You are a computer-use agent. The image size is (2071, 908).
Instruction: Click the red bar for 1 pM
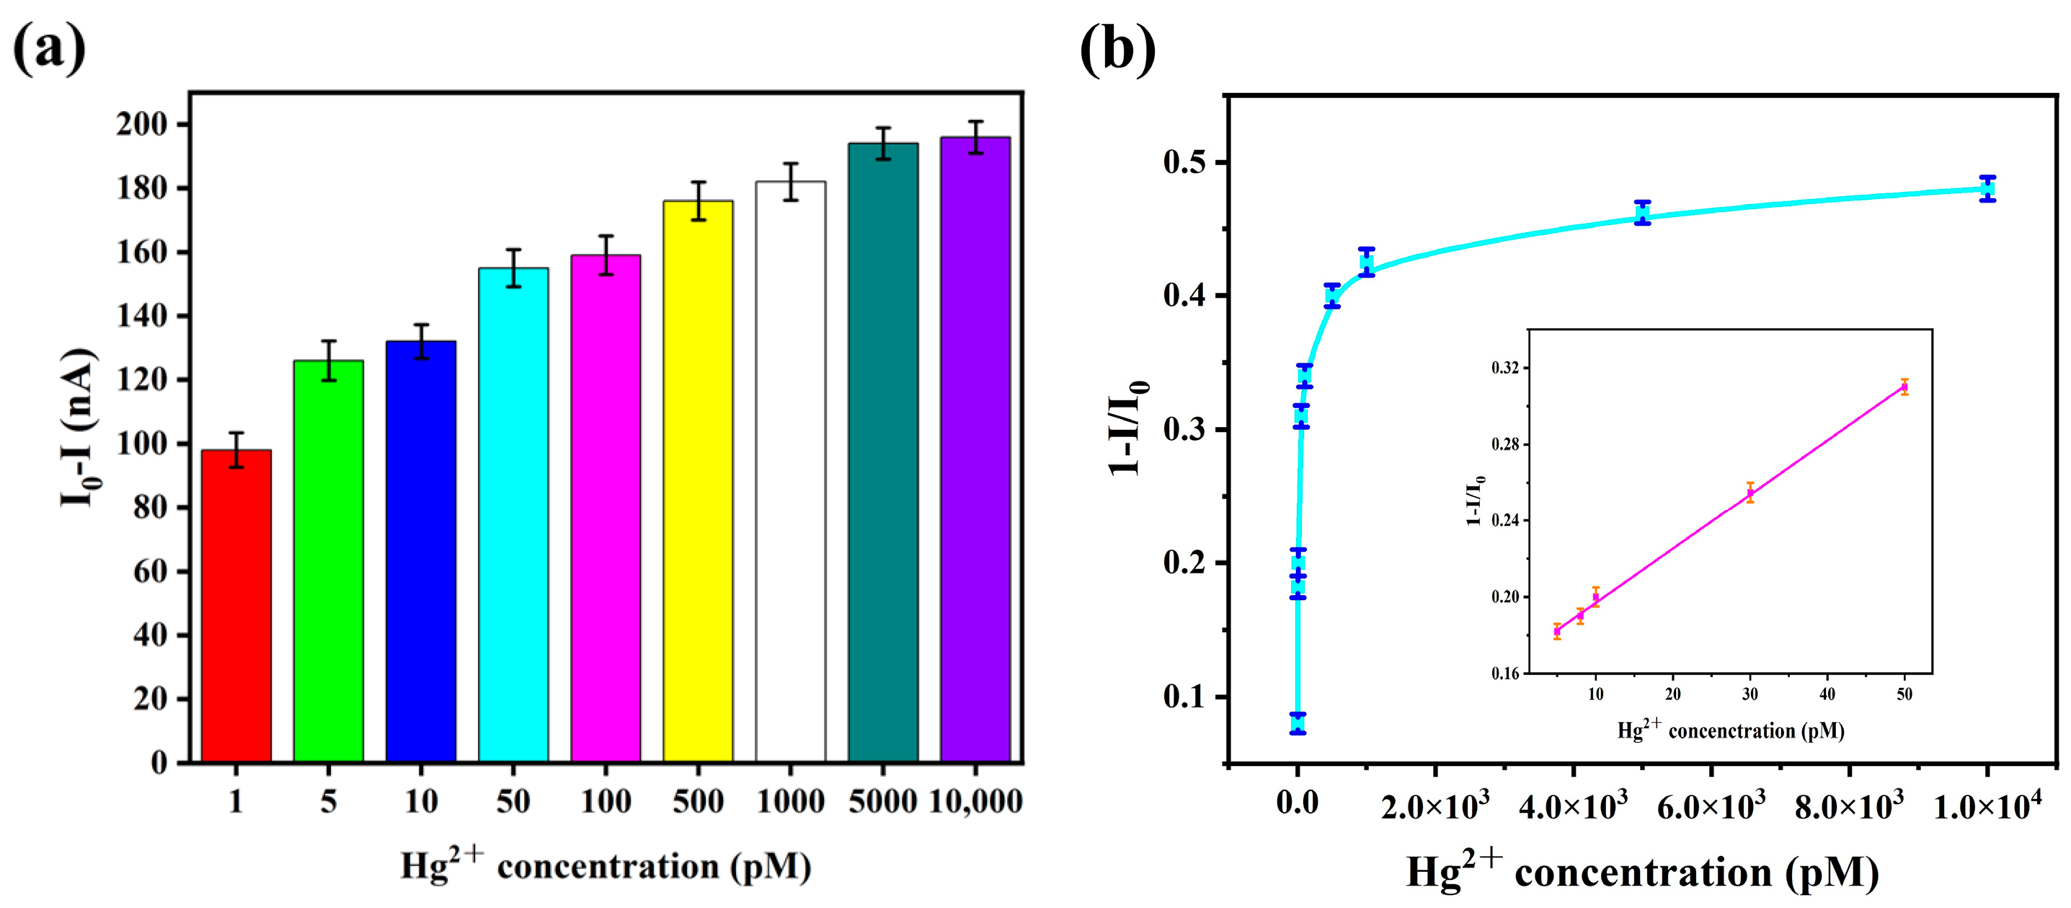tap(236, 606)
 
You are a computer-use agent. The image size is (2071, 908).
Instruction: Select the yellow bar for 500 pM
tap(698, 481)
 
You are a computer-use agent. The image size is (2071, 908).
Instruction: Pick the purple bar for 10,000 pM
tap(975, 449)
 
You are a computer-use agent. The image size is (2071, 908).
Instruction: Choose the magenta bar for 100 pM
tap(606, 508)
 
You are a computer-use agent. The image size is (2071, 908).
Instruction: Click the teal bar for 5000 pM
tap(883, 452)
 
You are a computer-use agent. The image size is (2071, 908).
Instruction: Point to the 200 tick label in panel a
tap(141, 124)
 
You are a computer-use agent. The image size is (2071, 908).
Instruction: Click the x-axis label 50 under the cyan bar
tap(513, 801)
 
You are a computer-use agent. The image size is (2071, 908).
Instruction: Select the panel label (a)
tap(50, 48)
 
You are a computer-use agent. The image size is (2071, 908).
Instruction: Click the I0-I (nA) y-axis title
tap(79, 426)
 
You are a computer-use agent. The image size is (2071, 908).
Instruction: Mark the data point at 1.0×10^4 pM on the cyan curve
tap(1987, 189)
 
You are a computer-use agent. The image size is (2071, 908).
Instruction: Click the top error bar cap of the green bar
tap(328, 341)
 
